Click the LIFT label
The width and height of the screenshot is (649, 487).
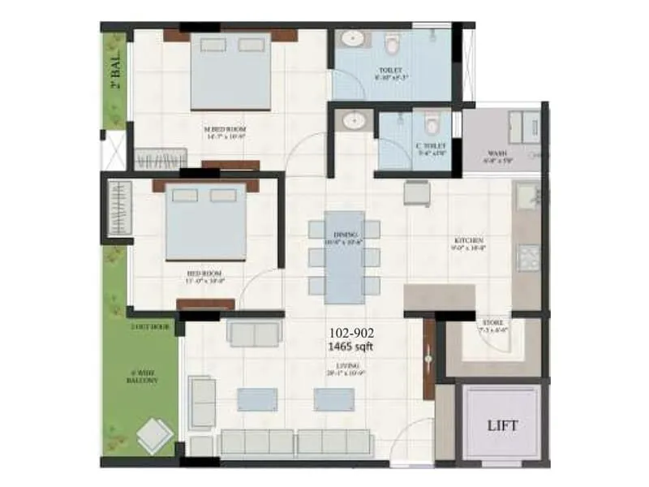[502, 425]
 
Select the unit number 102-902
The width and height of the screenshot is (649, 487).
[351, 332]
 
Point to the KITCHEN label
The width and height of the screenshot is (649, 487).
[470, 241]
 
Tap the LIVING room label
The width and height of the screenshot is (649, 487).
[350, 368]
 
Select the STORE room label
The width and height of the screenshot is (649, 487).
[492, 323]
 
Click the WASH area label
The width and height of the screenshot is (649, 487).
[497, 153]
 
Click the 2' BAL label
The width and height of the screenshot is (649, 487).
[116, 71]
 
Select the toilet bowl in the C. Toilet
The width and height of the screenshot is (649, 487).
[432, 124]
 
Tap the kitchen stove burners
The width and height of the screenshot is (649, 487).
[528, 257]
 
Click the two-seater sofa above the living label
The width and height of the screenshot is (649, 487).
[254, 333]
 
